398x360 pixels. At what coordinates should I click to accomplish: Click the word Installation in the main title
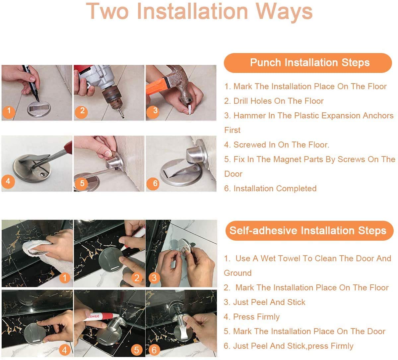click(192, 11)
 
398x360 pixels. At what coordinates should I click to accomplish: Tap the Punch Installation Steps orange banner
click(308, 63)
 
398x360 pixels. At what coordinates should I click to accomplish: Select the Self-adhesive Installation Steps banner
click(309, 230)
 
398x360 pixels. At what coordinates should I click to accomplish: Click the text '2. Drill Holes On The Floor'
click(274, 101)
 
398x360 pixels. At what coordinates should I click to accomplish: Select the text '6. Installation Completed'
click(270, 188)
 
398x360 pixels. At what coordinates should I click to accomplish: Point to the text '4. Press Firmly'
click(252, 317)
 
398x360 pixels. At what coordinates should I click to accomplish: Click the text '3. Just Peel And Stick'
click(264, 302)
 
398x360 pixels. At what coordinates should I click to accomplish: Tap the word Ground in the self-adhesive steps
click(238, 273)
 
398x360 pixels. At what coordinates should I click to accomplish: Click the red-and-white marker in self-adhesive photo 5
click(101, 316)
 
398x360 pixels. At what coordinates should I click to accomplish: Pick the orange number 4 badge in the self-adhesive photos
click(65, 350)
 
